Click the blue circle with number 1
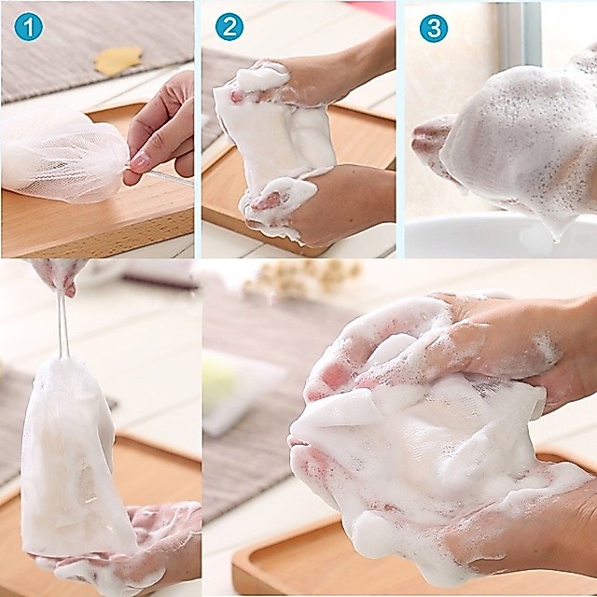(x=29, y=27)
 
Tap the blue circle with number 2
(x=229, y=27)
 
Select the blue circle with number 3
(x=433, y=28)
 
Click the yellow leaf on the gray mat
(x=118, y=60)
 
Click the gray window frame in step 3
(x=520, y=35)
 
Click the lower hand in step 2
(x=320, y=205)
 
